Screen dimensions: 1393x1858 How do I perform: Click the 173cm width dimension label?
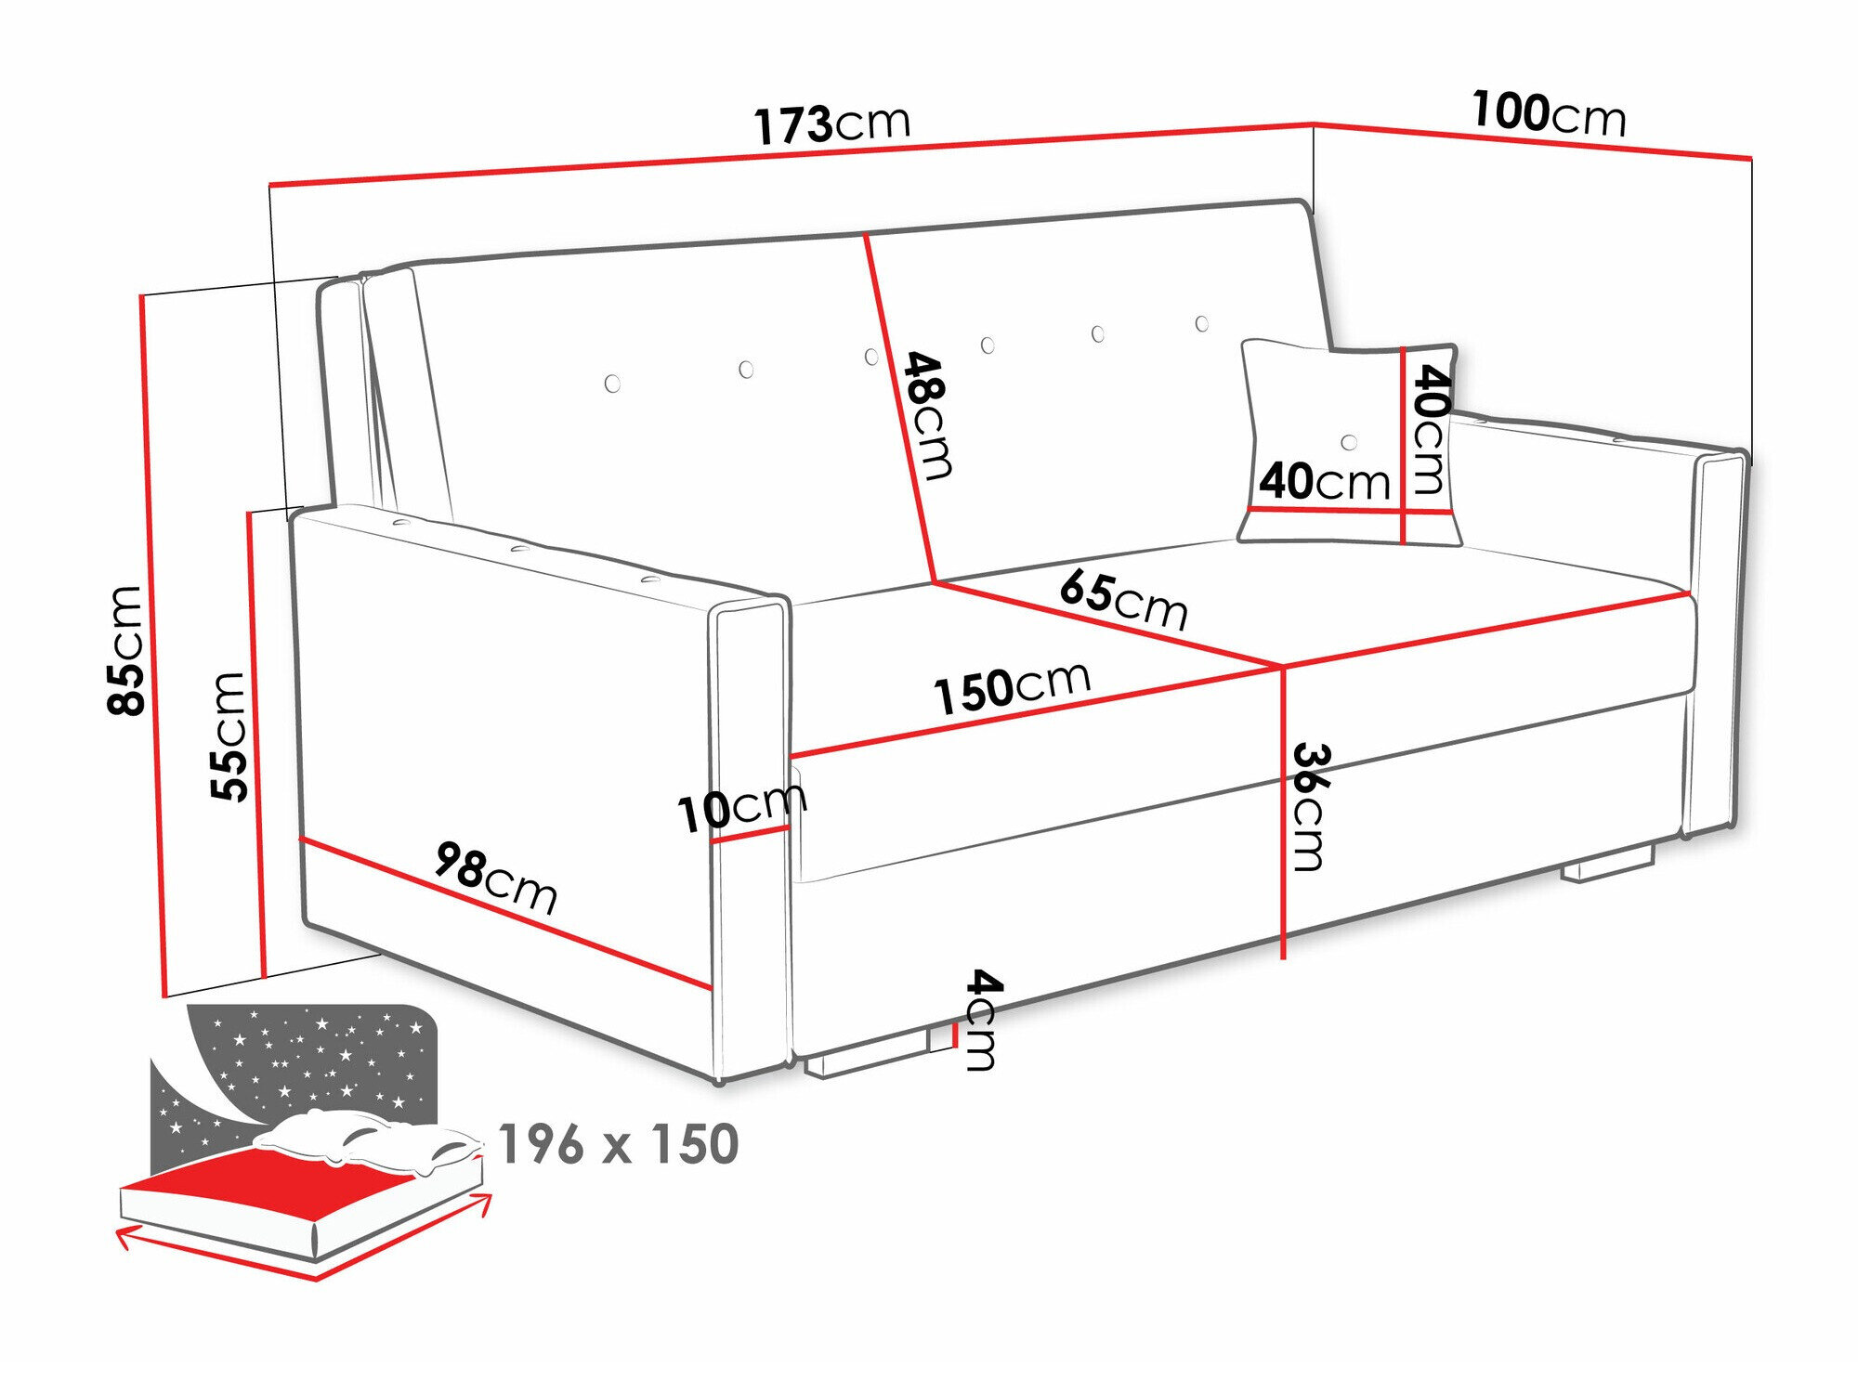[831, 124]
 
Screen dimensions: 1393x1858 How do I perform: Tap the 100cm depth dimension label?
[1549, 113]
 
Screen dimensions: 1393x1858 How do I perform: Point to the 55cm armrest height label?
[229, 736]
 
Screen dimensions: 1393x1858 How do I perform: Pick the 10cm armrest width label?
[741, 808]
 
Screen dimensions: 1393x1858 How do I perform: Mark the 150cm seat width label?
[1012, 688]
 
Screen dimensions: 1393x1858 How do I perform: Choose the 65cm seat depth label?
[1123, 599]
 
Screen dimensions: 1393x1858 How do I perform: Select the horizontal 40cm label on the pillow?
[1325, 481]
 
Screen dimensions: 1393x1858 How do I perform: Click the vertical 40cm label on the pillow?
[1430, 428]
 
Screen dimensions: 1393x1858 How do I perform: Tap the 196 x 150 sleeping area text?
[619, 1144]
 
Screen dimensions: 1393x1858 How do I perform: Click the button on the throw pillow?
[1349, 442]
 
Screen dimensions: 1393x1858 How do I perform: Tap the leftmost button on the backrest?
[612, 384]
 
